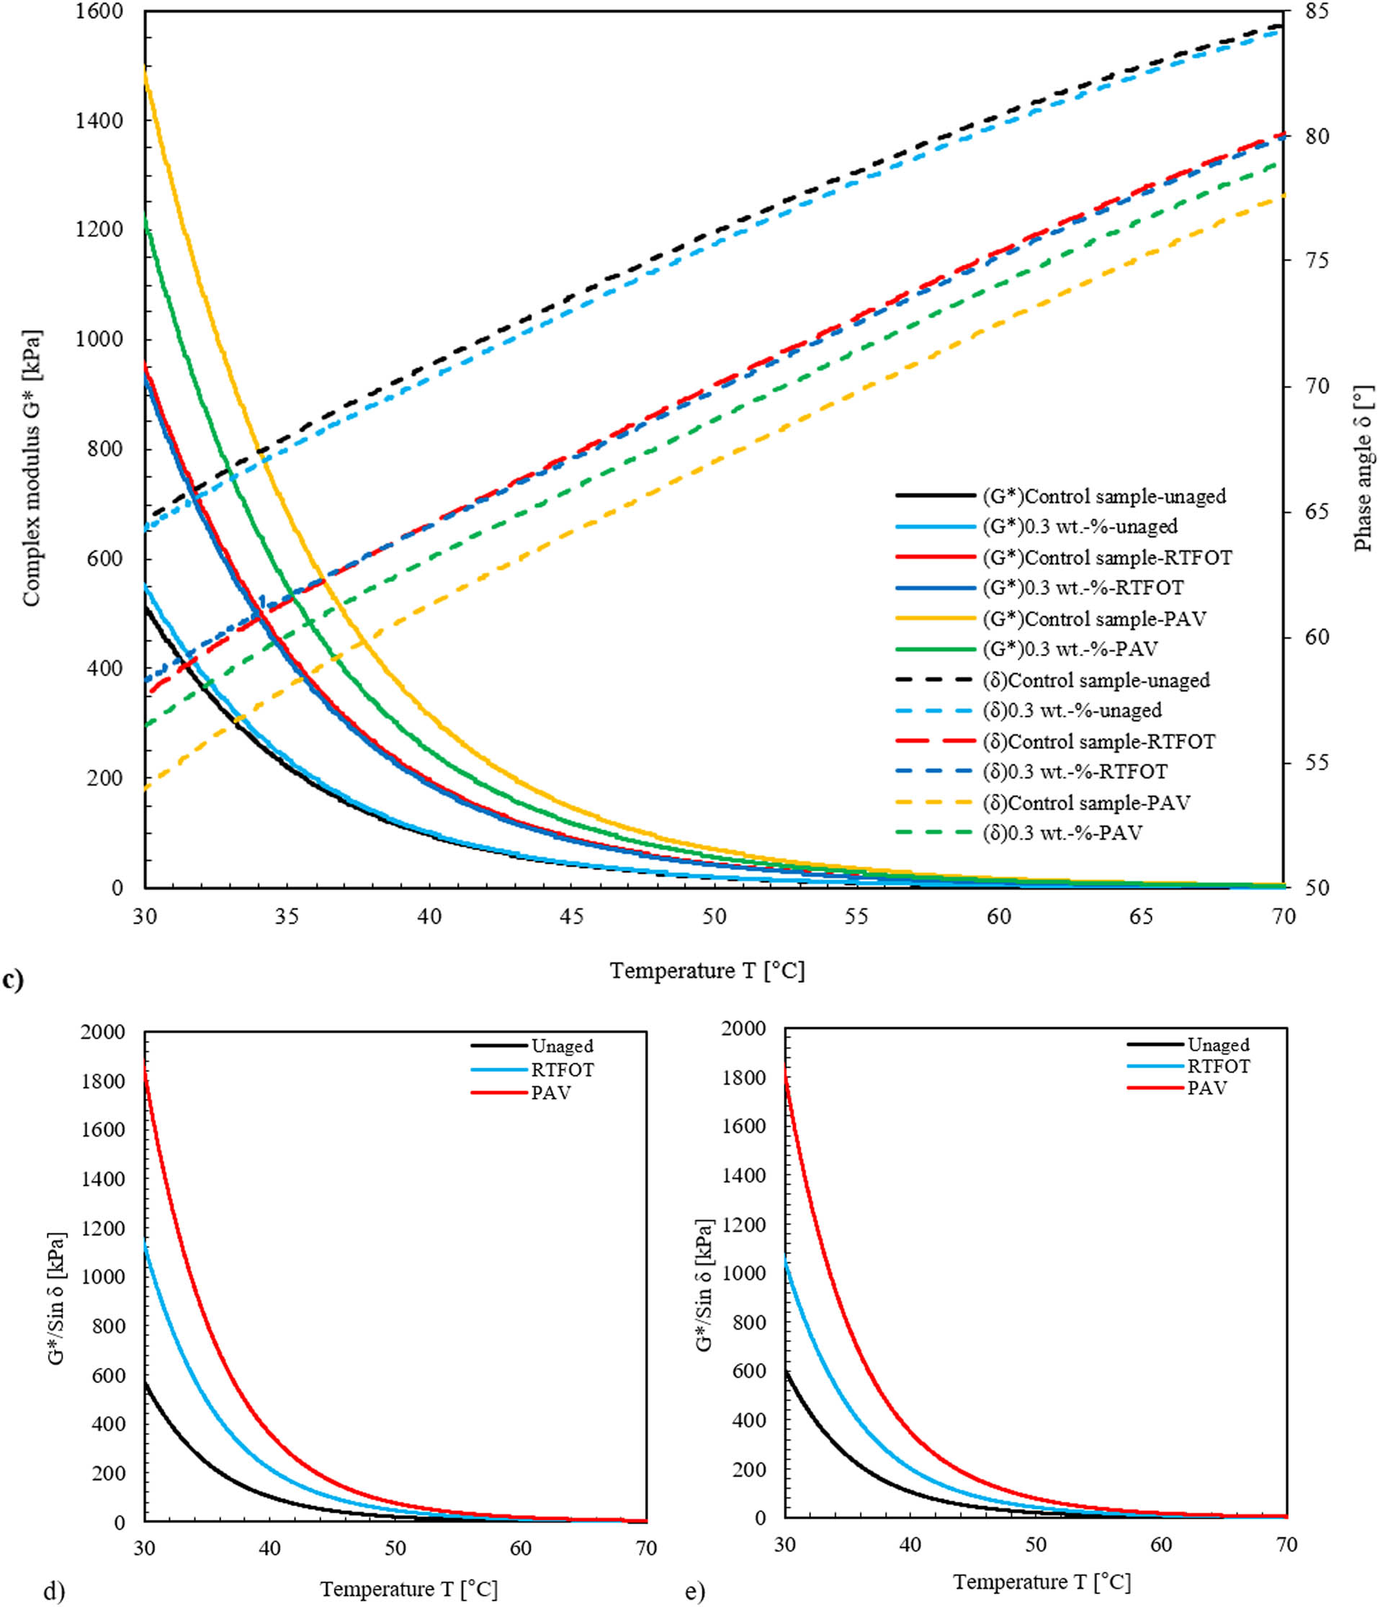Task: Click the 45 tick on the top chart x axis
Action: (x=572, y=916)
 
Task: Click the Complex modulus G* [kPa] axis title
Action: (x=31, y=468)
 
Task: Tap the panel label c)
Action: (x=13, y=981)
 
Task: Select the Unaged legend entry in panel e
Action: (x=1218, y=1044)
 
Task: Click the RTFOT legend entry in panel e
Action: (x=1219, y=1067)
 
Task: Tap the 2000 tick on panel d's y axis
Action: (x=102, y=1032)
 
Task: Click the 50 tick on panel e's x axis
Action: (x=1036, y=1544)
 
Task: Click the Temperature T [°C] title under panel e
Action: (x=1041, y=1580)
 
